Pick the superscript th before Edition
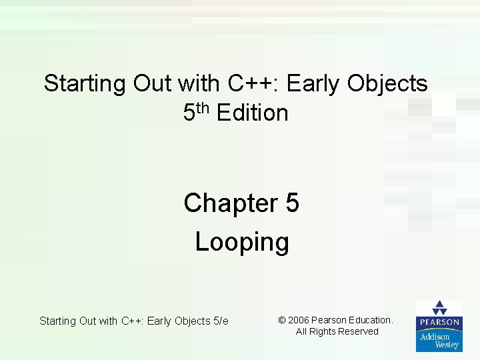tap(203, 107)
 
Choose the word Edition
tap(253, 113)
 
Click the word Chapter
tap(231, 203)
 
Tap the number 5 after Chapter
tap(292, 203)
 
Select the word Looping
tap(242, 241)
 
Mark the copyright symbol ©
tap(282, 320)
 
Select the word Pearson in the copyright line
tap(331, 320)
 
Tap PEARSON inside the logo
tap(439, 322)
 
